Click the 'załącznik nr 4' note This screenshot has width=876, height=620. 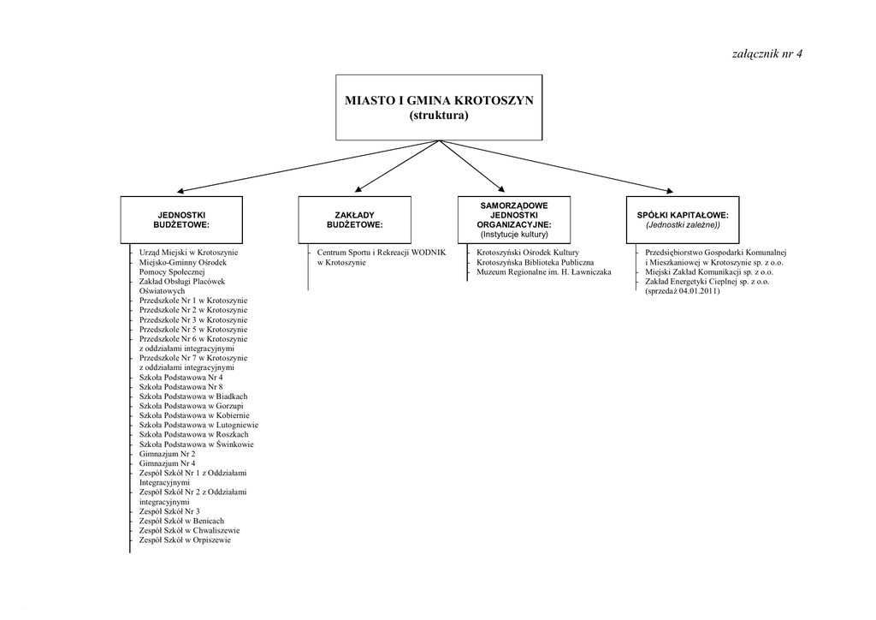pyautogui.click(x=767, y=54)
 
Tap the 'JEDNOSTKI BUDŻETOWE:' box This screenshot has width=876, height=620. pyautogui.click(x=181, y=218)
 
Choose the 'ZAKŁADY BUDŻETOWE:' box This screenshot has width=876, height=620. pyautogui.click(x=354, y=218)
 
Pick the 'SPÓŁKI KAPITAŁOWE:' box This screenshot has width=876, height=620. pyautogui.click(x=683, y=218)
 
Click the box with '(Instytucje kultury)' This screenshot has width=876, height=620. pyautogui.click(x=513, y=218)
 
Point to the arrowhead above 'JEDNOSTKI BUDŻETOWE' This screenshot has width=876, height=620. pyautogui.click(x=181, y=191)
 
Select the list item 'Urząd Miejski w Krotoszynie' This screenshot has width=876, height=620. pyautogui.click(x=188, y=253)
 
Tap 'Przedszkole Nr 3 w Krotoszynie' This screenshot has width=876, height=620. pyautogui.click(x=193, y=319)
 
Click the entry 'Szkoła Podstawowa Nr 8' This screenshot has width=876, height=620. pyautogui.click(x=181, y=387)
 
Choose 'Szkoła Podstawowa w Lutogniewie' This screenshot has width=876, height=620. pyautogui.click(x=198, y=425)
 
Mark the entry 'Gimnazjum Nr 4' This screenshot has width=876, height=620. pyautogui.click(x=167, y=463)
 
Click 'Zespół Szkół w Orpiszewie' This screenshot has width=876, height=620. pyautogui.click(x=185, y=540)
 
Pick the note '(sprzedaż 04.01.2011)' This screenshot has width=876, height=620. pyautogui.click(x=683, y=291)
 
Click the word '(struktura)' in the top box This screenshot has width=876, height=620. pyautogui.click(x=439, y=115)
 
